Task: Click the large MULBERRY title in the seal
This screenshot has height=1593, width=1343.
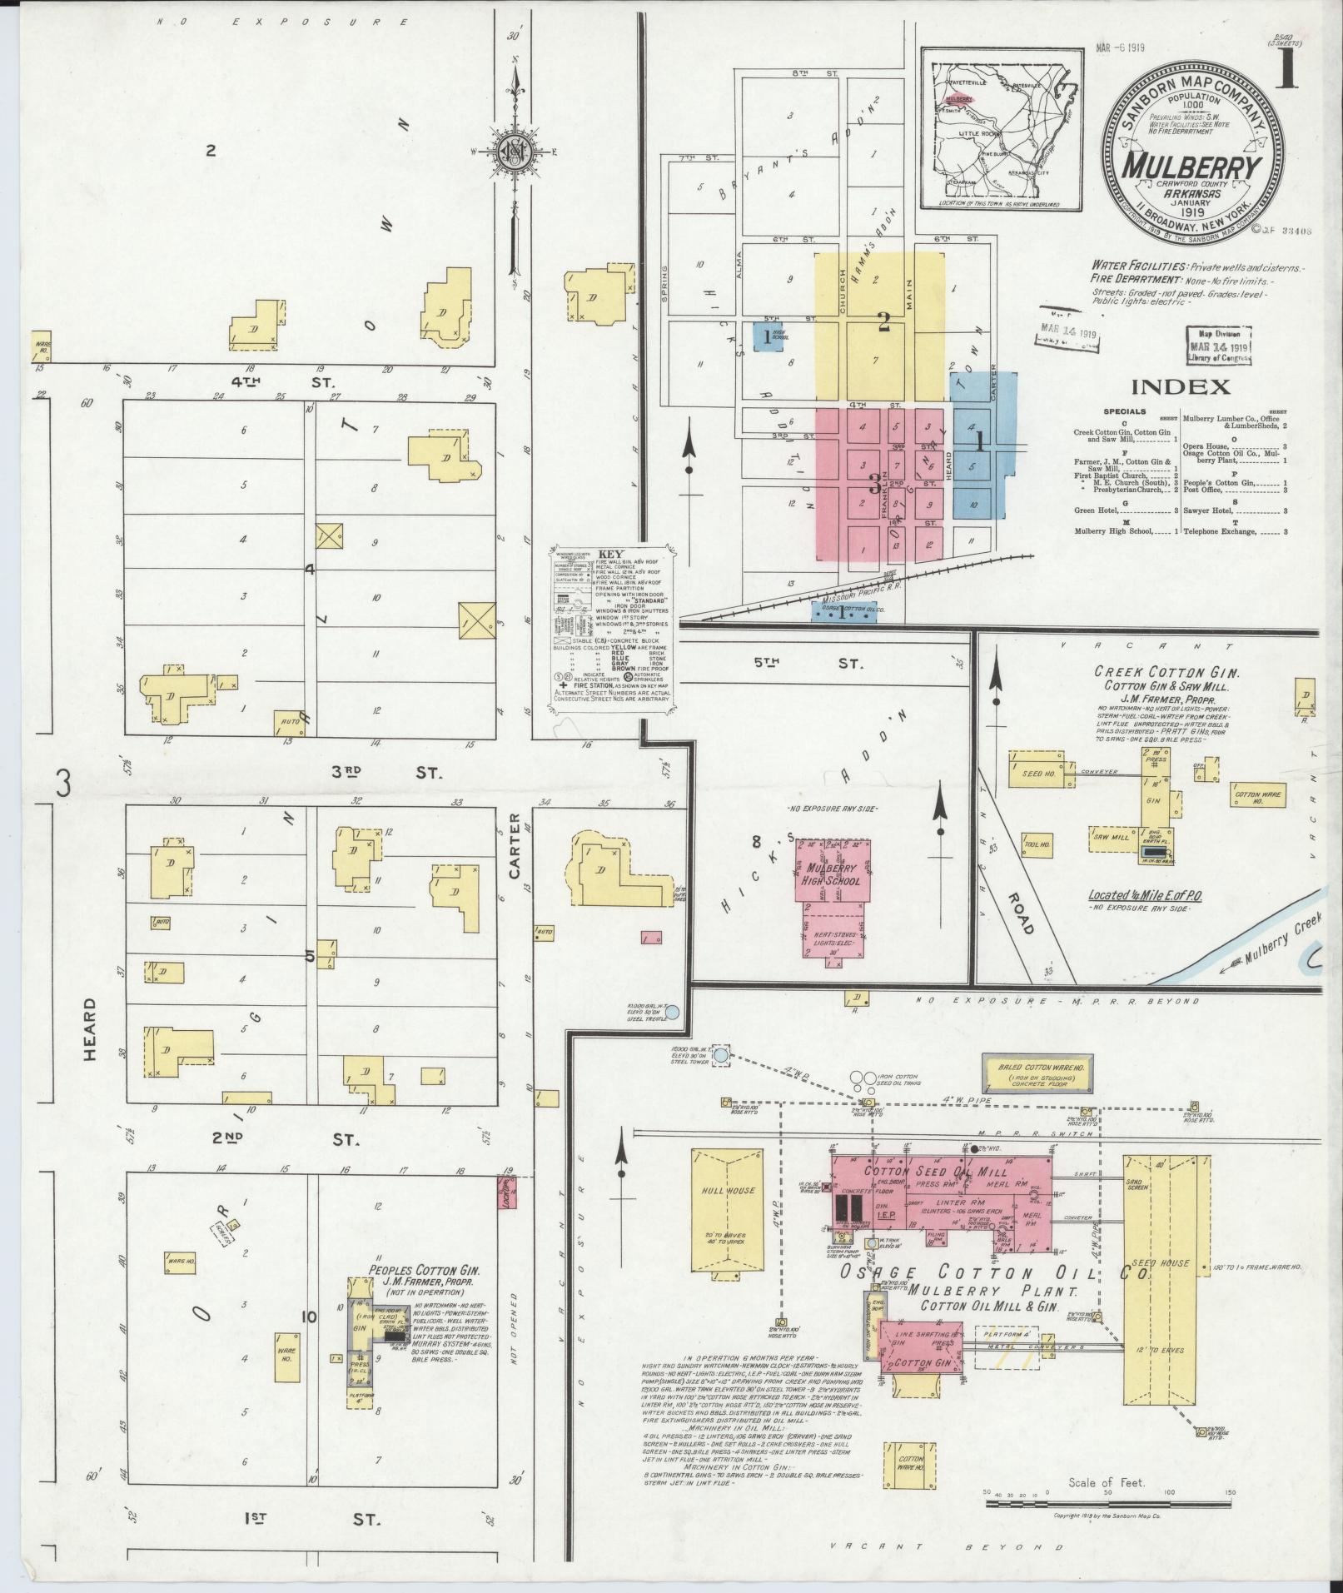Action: pos(1192,167)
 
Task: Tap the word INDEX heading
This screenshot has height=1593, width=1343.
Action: pos(1180,386)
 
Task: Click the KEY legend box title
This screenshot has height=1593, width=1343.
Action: pos(610,553)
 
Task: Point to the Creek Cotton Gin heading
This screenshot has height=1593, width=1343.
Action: pos(1146,671)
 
